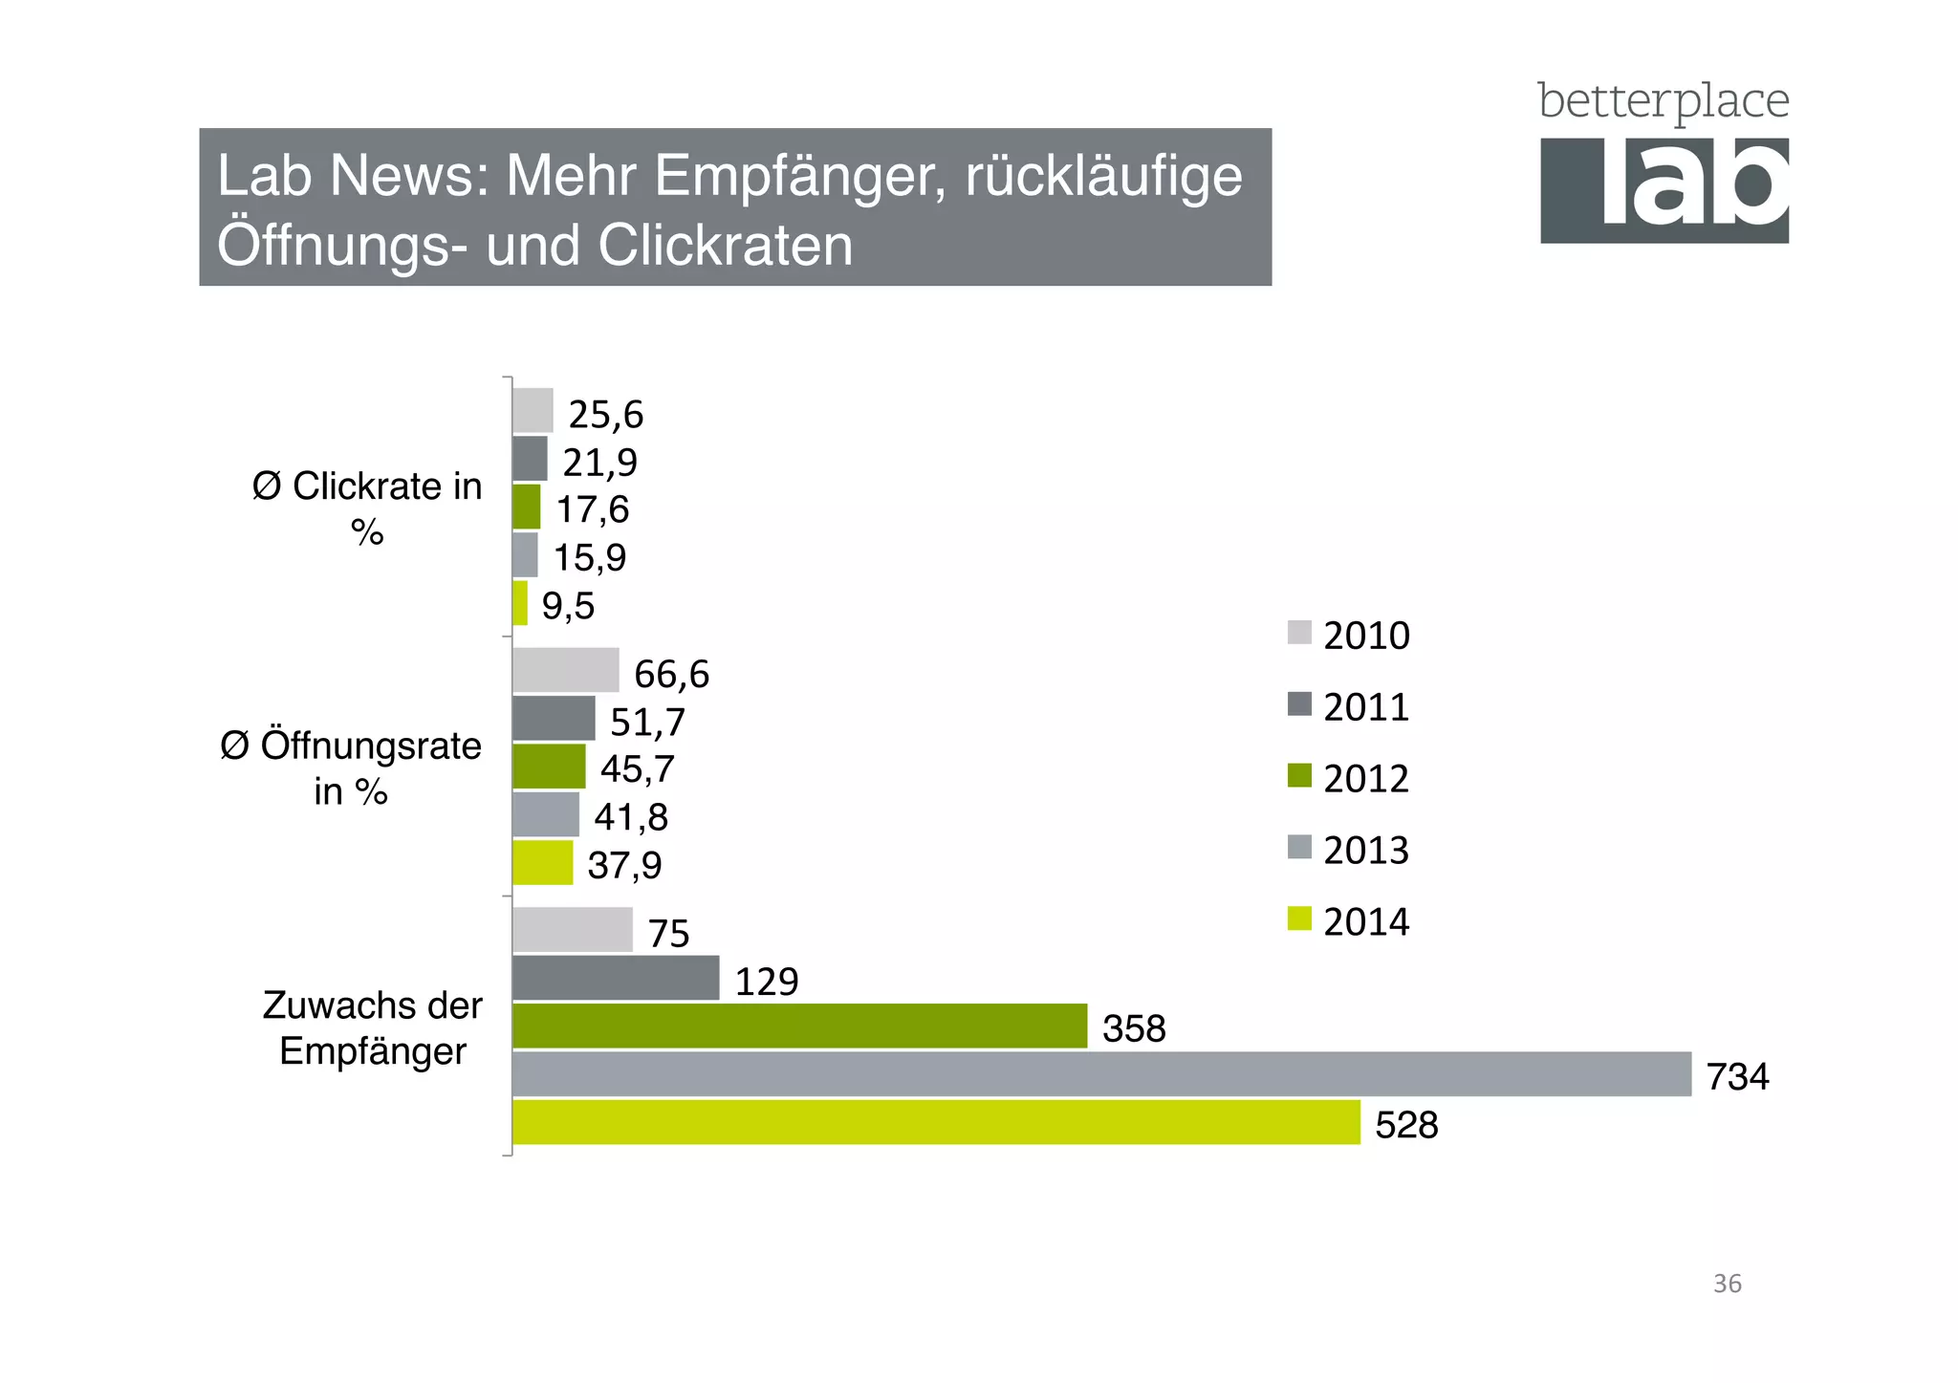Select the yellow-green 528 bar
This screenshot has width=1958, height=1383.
pos(936,1122)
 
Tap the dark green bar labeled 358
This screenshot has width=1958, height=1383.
pos(799,1026)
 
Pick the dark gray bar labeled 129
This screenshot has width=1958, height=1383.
pos(616,978)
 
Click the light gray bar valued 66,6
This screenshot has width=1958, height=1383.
pos(565,670)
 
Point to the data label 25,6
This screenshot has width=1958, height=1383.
pos(605,415)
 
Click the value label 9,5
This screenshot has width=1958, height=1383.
pos(568,606)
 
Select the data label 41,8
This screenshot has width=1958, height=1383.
pos(631,817)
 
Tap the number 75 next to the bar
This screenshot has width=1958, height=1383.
pos(668,934)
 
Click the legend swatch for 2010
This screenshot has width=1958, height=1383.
pos(1299,633)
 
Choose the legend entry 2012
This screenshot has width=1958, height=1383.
pos(1365,779)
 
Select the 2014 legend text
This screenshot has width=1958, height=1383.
pos(1365,922)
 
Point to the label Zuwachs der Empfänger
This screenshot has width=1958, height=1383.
pos(372,1028)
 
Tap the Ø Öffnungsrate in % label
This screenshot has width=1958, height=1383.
pos(351,768)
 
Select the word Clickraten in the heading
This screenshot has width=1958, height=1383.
pos(725,246)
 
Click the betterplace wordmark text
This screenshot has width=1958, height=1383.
pos(1663,101)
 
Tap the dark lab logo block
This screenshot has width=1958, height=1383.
pos(1664,190)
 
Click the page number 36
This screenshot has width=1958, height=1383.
pos(1727,1284)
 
